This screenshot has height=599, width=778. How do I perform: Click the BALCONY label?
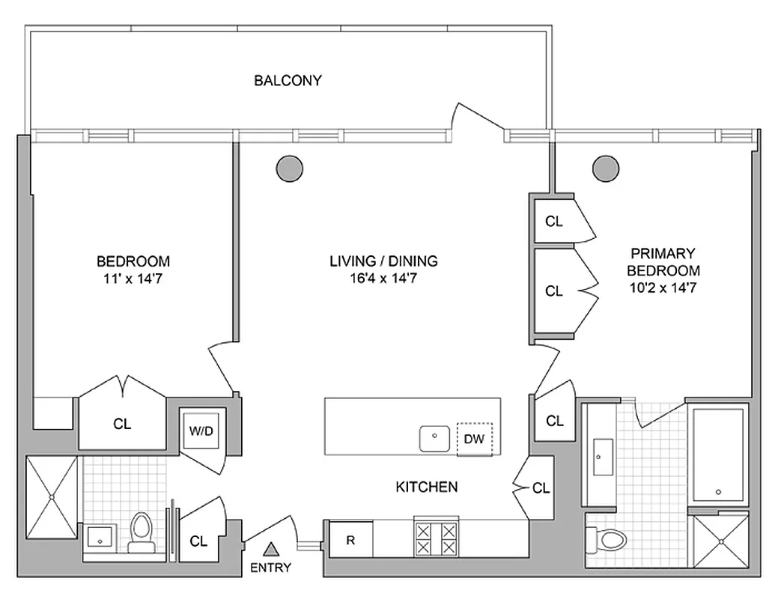click(288, 80)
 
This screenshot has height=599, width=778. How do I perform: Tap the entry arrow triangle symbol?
click(270, 548)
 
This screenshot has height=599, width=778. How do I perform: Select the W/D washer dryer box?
click(200, 431)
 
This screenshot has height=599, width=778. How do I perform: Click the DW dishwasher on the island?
click(474, 439)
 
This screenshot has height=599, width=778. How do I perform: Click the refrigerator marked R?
click(350, 539)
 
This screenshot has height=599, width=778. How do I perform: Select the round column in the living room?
click(289, 168)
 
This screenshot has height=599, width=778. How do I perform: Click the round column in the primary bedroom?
click(606, 168)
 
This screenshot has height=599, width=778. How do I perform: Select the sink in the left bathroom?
click(99, 536)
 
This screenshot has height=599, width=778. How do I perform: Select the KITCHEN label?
click(426, 487)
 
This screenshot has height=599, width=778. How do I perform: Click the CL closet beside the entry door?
click(198, 541)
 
